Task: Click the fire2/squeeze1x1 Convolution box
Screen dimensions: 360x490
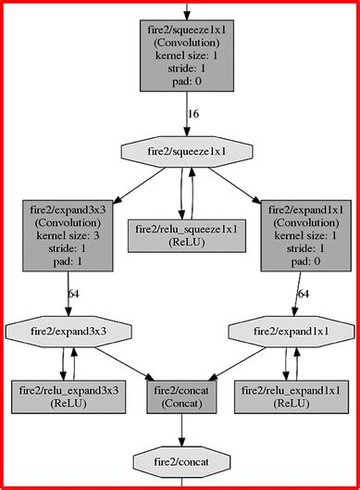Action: click(x=187, y=56)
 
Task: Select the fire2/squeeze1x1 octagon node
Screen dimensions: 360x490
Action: click(x=187, y=152)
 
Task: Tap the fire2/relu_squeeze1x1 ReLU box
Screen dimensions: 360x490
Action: click(x=187, y=235)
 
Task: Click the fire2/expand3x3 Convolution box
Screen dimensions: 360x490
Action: click(x=68, y=235)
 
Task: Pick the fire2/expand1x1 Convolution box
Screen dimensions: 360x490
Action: click(x=306, y=235)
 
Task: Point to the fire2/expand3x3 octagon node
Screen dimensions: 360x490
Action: click(x=68, y=332)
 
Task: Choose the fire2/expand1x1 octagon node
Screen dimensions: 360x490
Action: click(x=292, y=332)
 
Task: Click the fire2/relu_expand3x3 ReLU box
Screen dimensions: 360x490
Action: click(x=68, y=396)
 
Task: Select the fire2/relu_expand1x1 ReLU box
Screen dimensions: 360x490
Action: click(x=292, y=396)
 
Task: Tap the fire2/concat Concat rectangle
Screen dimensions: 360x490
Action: click(x=181, y=396)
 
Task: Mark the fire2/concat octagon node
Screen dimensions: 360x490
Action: click(x=181, y=462)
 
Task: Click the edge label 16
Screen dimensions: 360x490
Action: click(x=193, y=114)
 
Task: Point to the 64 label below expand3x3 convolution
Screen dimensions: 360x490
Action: click(x=74, y=294)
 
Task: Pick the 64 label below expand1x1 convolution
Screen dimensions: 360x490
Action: click(x=304, y=294)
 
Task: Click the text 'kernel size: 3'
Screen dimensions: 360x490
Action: click(x=68, y=235)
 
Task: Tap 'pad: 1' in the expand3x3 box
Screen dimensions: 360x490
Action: click(x=68, y=261)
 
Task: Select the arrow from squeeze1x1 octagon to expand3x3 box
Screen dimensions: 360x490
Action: click(x=139, y=185)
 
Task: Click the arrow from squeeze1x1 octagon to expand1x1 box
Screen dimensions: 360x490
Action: click(x=235, y=185)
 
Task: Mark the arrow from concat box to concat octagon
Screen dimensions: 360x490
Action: click(x=181, y=430)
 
